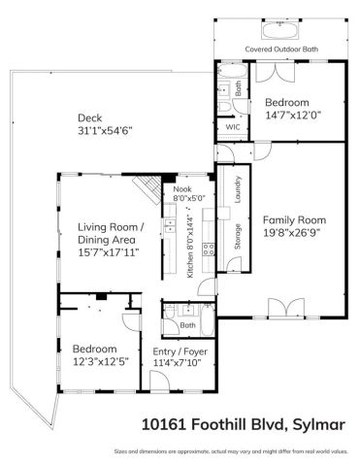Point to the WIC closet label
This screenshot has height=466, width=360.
(x=233, y=126)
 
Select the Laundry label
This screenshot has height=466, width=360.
(x=237, y=185)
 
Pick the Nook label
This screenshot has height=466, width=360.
(x=182, y=189)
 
